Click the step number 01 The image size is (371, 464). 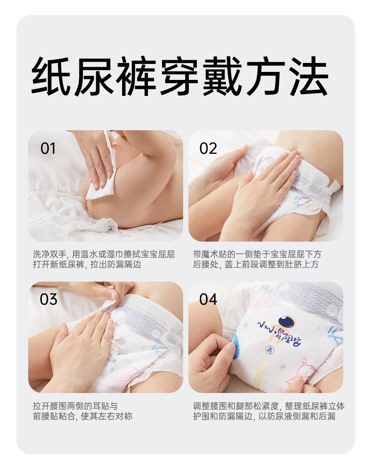pyautogui.click(x=48, y=148)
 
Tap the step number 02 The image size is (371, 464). pyautogui.click(x=208, y=148)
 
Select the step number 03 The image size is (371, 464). pyautogui.click(x=48, y=299)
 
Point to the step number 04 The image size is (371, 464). pyautogui.click(x=208, y=299)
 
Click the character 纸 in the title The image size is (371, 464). pyautogui.click(x=51, y=76)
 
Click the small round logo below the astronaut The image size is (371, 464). pyautogui.click(x=270, y=350)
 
